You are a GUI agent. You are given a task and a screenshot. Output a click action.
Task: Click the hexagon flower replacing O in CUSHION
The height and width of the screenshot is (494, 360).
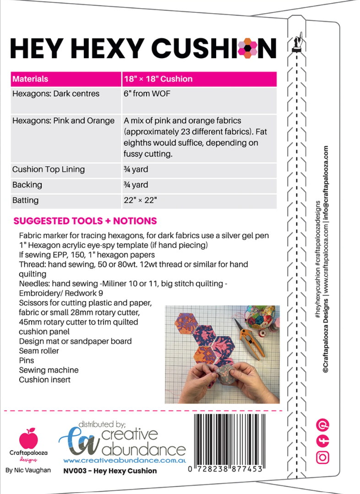point(250,48)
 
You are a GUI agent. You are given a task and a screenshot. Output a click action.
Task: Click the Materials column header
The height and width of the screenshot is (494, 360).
point(30,79)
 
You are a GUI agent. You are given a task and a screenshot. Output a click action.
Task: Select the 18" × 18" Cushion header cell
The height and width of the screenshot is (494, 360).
point(158,79)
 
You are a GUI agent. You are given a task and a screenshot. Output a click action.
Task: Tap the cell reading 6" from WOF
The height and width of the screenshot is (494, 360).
point(147,94)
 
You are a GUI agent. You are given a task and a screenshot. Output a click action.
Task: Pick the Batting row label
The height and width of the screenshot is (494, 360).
point(25,200)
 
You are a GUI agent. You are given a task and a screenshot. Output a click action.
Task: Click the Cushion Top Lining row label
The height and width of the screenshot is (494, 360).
point(48,169)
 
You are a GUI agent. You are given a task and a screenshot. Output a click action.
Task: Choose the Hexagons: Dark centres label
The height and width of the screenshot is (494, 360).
point(56,94)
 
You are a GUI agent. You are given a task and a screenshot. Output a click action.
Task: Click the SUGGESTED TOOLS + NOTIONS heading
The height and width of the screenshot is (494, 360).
point(85,221)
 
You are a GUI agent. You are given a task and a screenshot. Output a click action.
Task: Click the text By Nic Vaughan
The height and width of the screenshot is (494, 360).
point(28,471)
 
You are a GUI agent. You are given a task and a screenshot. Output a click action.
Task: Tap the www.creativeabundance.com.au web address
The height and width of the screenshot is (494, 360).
point(124,460)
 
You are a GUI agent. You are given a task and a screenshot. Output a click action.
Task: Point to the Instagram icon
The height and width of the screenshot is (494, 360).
point(323,457)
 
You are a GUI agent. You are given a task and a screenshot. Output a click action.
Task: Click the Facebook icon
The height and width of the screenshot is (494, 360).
point(323,441)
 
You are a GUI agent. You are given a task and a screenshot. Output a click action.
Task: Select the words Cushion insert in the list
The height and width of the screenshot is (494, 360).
point(44,380)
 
